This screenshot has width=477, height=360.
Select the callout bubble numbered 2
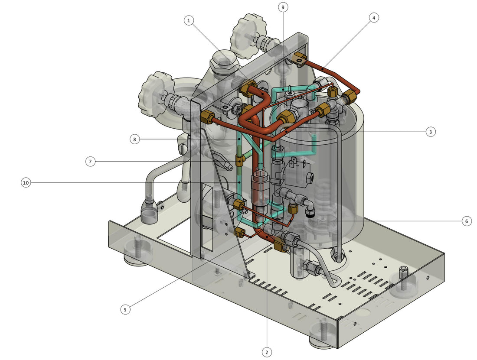tap(267, 352)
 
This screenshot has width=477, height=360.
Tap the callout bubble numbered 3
tap(430, 132)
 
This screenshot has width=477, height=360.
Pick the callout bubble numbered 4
tap(374, 18)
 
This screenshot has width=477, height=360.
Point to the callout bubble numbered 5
tap(125, 309)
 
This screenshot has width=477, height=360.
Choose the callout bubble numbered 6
tap(466, 221)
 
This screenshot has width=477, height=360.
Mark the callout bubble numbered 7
tap(90, 162)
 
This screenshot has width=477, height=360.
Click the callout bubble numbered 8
tap(135, 139)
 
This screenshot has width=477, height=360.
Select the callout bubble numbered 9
tap(283, 7)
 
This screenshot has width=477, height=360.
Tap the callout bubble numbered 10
tap(26, 183)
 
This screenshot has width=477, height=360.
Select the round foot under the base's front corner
tap(322, 338)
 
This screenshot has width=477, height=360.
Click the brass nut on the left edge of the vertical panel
tap(207, 116)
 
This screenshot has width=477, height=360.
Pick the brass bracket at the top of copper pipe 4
tap(300, 57)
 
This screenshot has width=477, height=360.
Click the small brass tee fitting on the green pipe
tap(239, 161)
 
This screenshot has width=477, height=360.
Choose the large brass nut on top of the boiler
tap(286, 116)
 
